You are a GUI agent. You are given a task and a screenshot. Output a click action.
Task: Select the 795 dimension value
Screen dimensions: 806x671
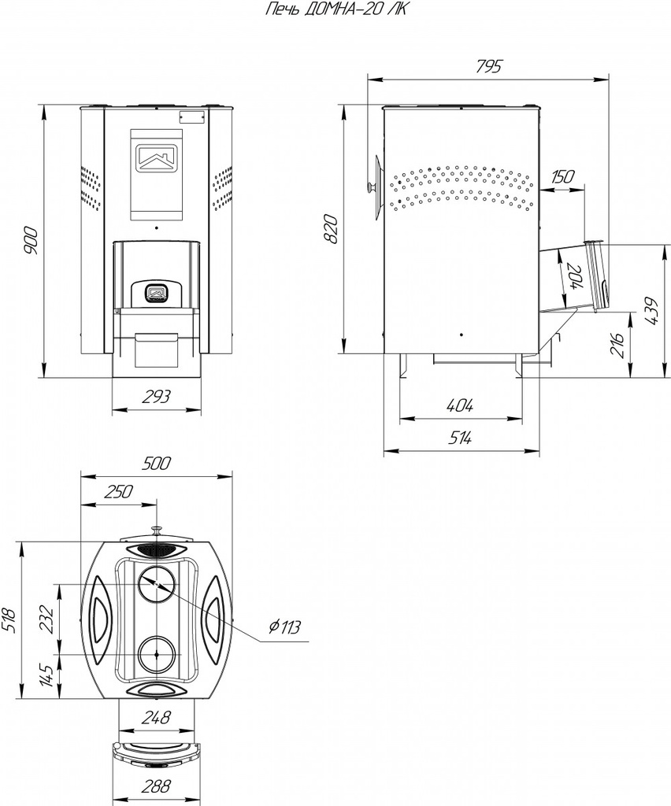pos(488,66)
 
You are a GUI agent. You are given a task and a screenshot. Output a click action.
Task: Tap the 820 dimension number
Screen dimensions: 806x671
pos(332,229)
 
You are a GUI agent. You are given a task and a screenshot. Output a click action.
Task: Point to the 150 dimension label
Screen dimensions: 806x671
pos(562,176)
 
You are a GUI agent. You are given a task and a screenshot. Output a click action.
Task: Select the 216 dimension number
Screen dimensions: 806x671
pos(617,343)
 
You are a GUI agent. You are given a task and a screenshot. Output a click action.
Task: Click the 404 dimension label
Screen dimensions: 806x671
pos(460,406)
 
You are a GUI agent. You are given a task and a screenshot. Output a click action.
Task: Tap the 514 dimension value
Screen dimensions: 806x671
pos(460,439)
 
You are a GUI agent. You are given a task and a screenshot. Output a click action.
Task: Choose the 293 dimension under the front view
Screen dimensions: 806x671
pos(156,397)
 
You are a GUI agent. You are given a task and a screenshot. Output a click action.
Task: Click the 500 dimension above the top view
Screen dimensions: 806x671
pos(157,464)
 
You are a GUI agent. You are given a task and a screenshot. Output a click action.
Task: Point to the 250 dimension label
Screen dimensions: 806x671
pos(118,492)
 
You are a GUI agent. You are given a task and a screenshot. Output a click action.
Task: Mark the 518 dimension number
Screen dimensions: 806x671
pos(10,620)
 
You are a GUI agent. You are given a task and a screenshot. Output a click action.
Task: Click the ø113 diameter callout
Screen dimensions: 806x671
pos(284,627)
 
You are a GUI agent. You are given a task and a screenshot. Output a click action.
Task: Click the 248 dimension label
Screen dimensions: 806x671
pos(156,717)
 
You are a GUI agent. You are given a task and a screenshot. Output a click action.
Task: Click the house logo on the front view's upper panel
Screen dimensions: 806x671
pos(156,157)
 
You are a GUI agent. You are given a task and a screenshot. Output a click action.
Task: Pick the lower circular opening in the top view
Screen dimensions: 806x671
pos(156,654)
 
